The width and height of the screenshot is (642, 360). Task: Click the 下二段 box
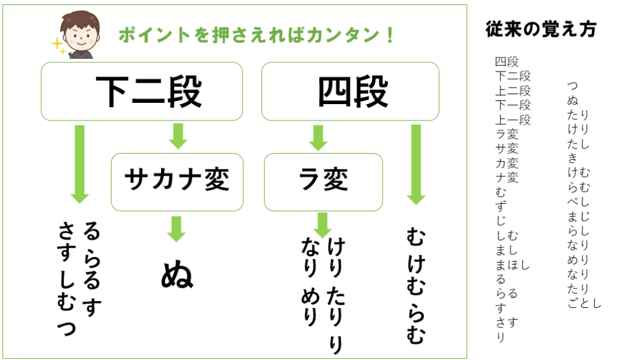pos(142,92)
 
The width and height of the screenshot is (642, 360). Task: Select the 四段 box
pos(350,92)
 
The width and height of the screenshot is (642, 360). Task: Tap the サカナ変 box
pos(177,182)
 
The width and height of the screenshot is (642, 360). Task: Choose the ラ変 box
pos(323,182)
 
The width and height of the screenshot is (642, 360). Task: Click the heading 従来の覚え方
pos(541,29)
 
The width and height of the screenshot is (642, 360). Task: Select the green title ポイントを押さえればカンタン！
pos(257,35)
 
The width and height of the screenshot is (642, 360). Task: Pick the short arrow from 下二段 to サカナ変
pos(178,136)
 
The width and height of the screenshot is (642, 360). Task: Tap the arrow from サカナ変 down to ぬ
pos(177,229)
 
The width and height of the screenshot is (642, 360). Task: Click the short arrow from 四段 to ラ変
pos(318,137)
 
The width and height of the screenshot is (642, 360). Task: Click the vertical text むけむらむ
pos(415,285)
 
